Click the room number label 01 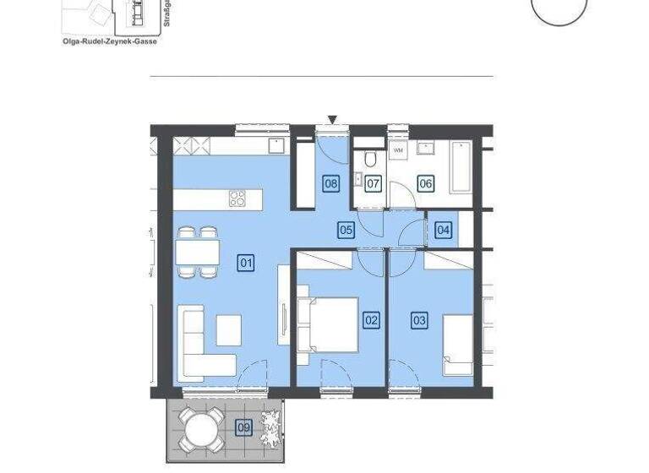click(x=246, y=263)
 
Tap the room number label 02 click(x=371, y=320)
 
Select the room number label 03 click(x=419, y=320)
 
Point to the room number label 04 click(x=443, y=229)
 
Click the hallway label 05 click(x=346, y=229)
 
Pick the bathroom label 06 click(x=425, y=183)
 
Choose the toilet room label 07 click(x=374, y=183)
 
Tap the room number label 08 click(x=331, y=183)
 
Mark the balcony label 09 click(x=243, y=427)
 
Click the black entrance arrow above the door click(x=333, y=120)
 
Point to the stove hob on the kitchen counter click(x=238, y=199)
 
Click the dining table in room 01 click(x=198, y=252)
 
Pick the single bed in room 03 click(x=457, y=345)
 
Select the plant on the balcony click(x=271, y=426)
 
